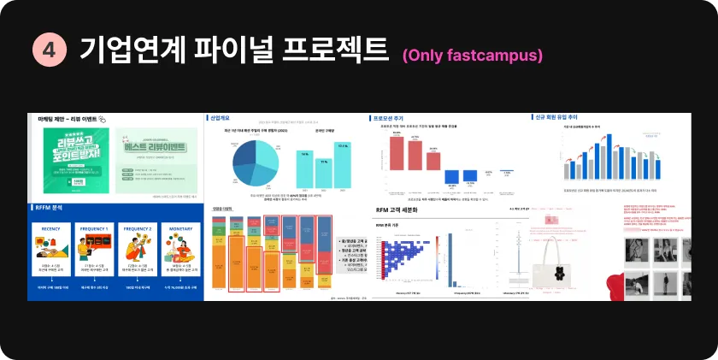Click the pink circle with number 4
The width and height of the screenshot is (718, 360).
(48, 50)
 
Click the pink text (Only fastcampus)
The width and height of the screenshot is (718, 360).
(472, 56)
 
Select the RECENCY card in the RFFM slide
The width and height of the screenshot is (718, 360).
(51, 255)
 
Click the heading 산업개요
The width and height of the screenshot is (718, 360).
(221, 118)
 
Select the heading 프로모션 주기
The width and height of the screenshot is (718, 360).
(389, 118)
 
